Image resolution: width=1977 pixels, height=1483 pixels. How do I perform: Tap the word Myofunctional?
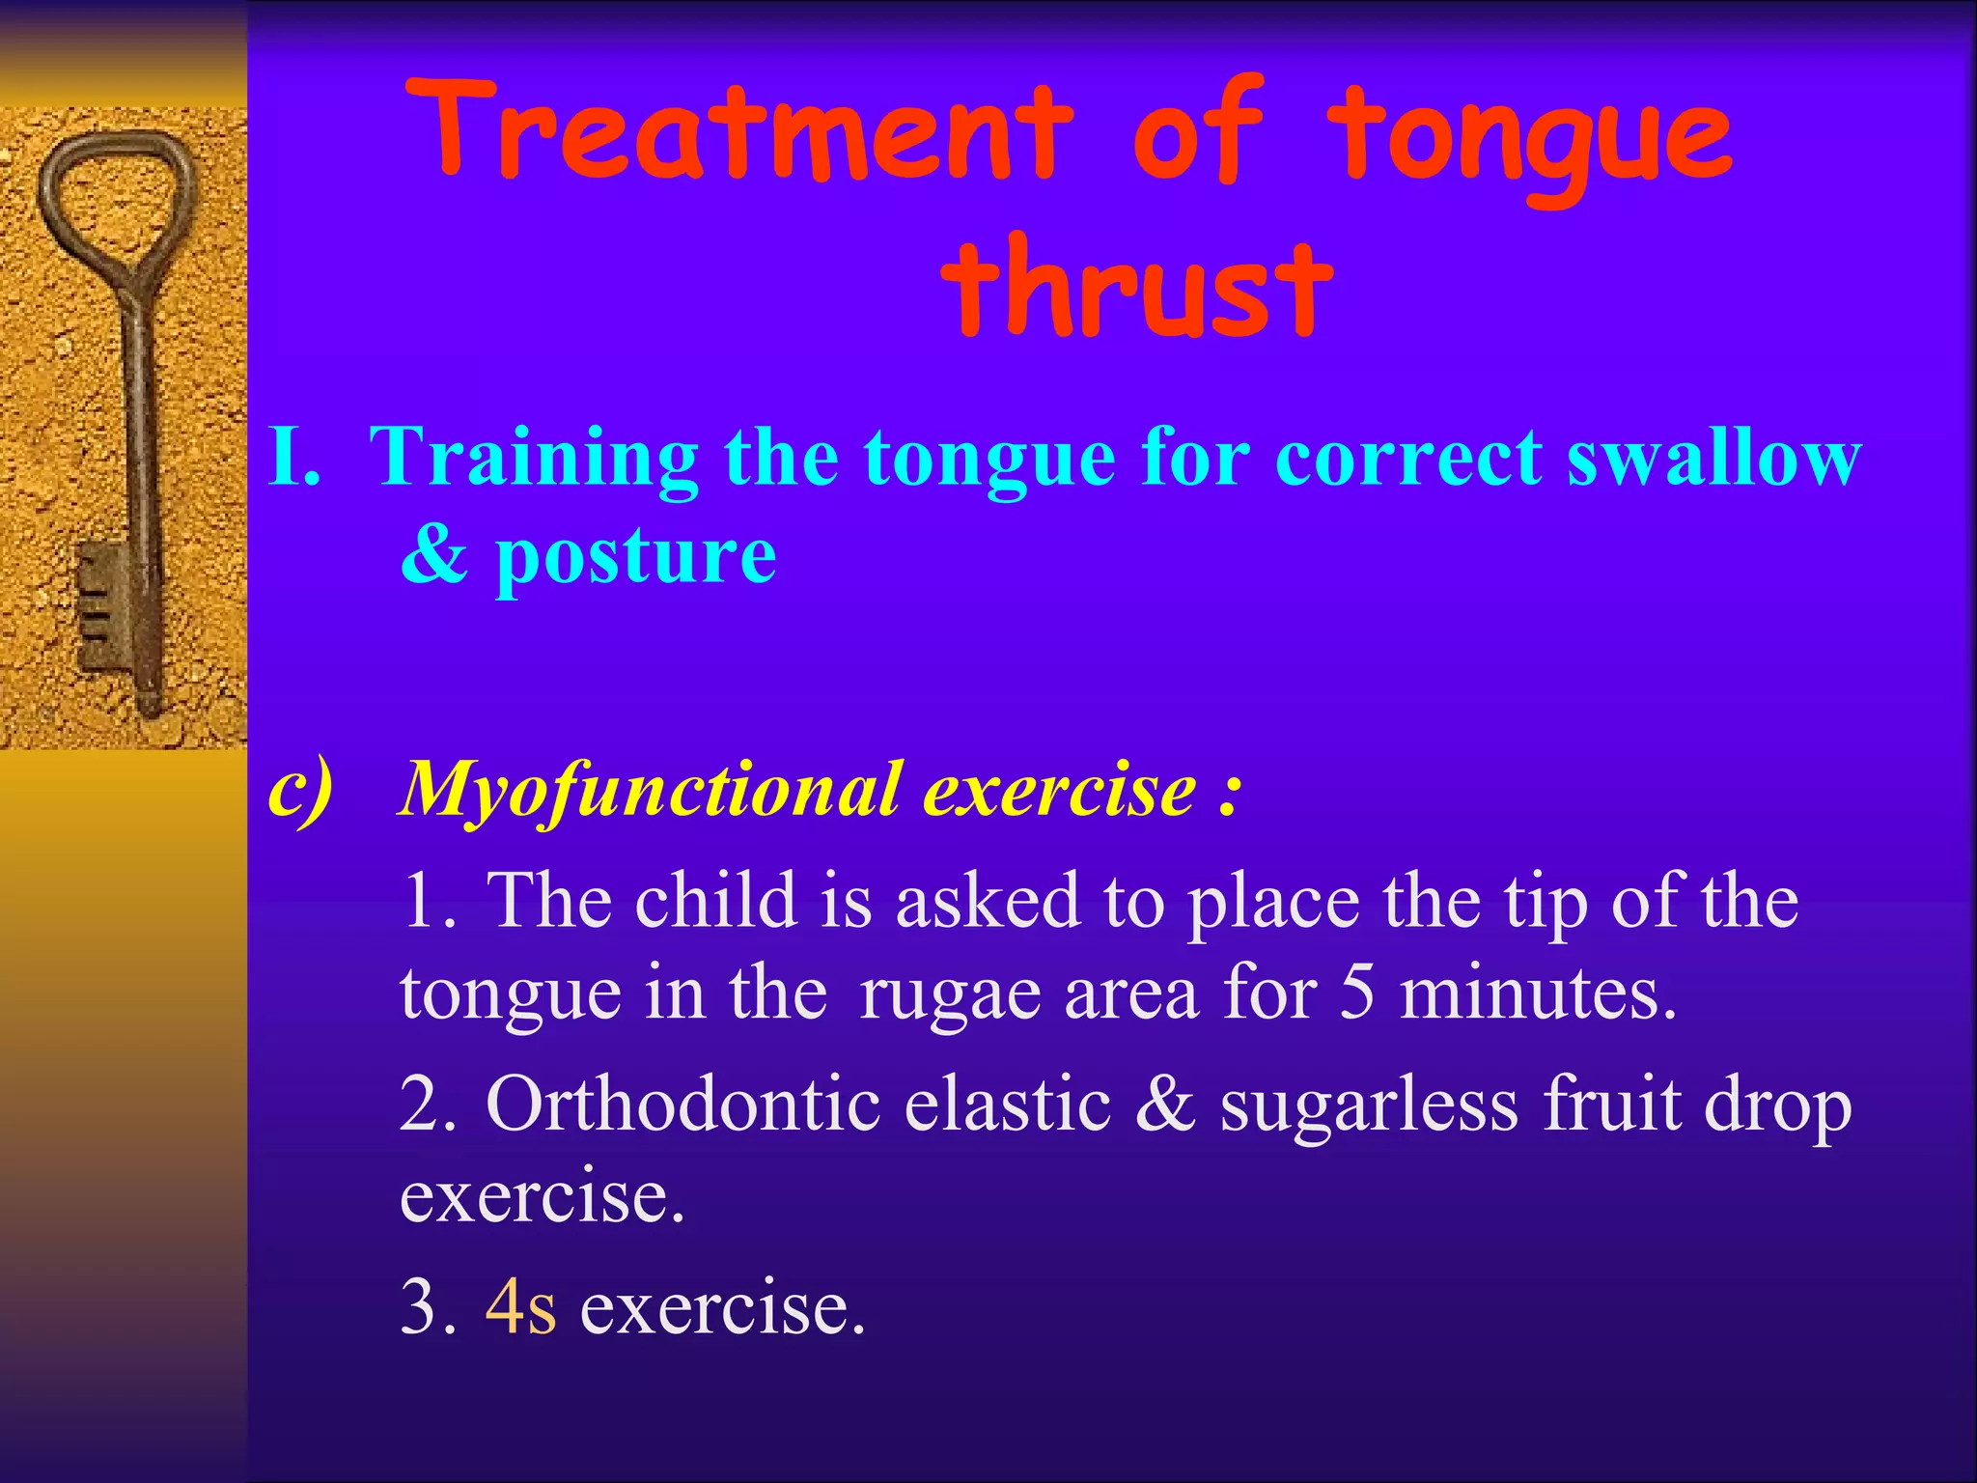[653, 792]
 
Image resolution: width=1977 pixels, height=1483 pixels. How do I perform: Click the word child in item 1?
[715, 900]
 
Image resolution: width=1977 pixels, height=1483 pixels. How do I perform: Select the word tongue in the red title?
[1530, 135]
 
